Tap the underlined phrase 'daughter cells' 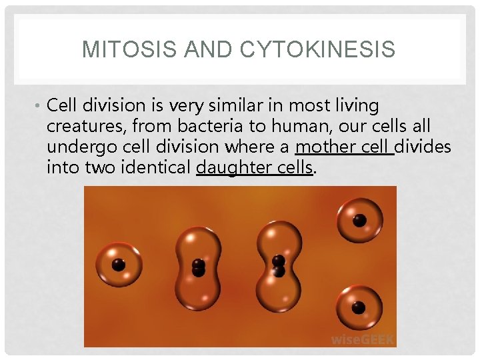point(254,167)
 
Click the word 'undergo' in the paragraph point(77,147)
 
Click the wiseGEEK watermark point(363,339)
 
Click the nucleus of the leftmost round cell point(119,265)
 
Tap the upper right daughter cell point(359,221)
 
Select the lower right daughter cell point(359,307)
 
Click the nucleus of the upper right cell point(359,221)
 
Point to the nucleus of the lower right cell point(359,307)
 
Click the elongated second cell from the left point(198,267)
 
